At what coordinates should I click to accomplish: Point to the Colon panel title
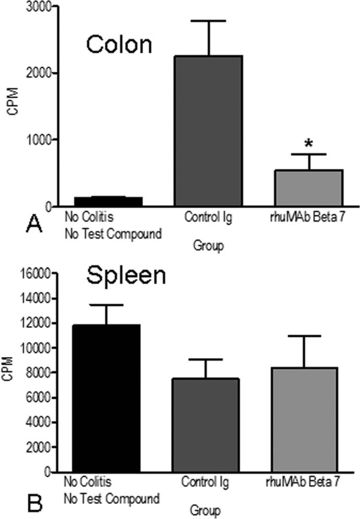tap(119, 44)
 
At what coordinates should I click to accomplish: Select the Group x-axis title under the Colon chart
tap(208, 246)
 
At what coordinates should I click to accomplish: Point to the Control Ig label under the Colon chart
tap(208, 218)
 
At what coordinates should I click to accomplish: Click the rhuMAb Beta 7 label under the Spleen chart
tap(302, 482)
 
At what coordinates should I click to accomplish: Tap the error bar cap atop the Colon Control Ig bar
tap(209, 21)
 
